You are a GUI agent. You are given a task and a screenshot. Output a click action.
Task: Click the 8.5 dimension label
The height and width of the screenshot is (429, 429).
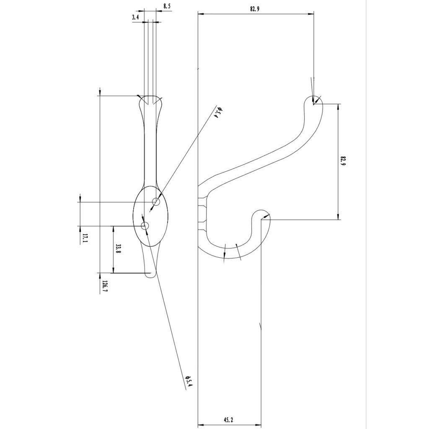pyautogui.click(x=167, y=6)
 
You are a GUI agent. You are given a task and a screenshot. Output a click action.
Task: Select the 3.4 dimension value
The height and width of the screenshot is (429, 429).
pyautogui.click(x=135, y=17)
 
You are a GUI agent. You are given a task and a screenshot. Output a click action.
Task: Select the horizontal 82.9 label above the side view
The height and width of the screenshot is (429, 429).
pyautogui.click(x=255, y=9)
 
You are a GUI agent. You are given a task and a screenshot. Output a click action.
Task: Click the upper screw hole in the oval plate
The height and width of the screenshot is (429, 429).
pyautogui.click(x=156, y=202)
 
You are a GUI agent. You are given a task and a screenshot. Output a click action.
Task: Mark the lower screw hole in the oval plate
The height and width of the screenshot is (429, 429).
pyautogui.click(x=145, y=226)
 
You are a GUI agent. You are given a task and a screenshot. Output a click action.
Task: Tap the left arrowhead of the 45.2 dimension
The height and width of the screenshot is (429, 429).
pyautogui.click(x=200, y=423)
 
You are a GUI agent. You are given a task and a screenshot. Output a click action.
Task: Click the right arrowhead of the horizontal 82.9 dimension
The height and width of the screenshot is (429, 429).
pyautogui.click(x=312, y=14)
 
